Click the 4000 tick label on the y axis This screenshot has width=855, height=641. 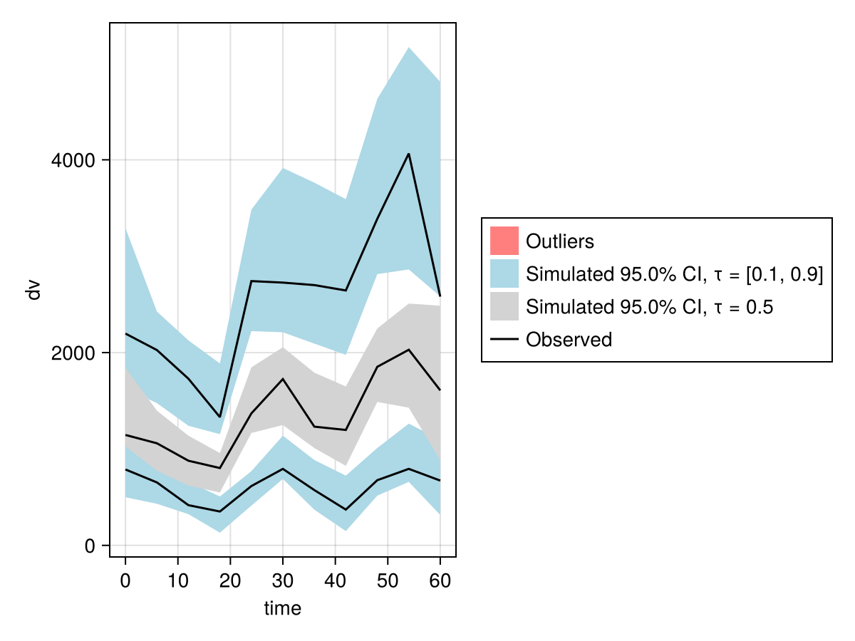(73, 160)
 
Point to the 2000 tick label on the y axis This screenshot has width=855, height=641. (73, 353)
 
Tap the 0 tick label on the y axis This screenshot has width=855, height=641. (90, 546)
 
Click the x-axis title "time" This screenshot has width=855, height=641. (282, 608)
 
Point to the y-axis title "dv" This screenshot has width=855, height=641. (33, 290)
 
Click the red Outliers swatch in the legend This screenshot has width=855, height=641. (504, 241)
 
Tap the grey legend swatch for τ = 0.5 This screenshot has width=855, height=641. (504, 306)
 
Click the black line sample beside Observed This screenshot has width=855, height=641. (504, 340)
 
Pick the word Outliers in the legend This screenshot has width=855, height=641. (560, 241)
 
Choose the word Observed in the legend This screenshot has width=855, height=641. (569, 340)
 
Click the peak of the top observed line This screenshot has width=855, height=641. (408, 154)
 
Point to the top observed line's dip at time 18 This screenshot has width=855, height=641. (220, 417)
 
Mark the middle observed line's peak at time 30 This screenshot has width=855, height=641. (283, 379)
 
